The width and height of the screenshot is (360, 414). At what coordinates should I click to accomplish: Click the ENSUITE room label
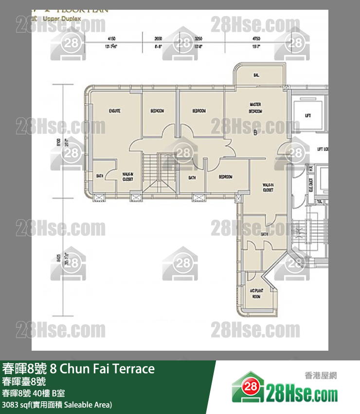(115, 111)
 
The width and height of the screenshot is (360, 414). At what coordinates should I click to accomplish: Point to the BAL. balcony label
(256, 75)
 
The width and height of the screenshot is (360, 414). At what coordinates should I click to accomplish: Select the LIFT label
(307, 115)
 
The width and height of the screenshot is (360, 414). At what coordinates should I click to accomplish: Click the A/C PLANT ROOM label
(256, 293)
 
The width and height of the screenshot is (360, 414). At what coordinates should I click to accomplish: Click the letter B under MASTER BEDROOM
(255, 132)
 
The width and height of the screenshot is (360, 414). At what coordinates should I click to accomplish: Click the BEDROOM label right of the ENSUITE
(157, 111)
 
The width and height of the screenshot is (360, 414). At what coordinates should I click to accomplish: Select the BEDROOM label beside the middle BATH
(225, 177)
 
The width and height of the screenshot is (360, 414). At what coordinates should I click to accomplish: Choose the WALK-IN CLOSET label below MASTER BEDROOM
(268, 188)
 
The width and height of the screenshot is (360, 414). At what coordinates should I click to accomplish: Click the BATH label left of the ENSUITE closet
(100, 176)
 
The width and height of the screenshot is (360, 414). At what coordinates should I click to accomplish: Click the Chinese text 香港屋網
(320, 376)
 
